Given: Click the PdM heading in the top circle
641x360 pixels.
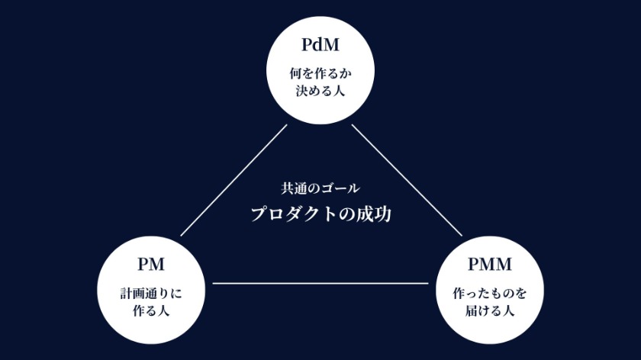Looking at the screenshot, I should tap(320, 46).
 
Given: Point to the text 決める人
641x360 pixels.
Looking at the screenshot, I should tap(320, 92).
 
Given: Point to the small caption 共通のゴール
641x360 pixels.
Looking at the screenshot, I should tap(320, 188).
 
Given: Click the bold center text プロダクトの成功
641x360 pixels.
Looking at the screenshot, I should tap(320, 214).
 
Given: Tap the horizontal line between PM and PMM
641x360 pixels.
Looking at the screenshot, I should tap(320, 284).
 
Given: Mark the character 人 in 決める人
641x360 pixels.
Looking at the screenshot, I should tap(339, 92).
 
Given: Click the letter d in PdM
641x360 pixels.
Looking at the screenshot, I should tap(319, 46).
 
